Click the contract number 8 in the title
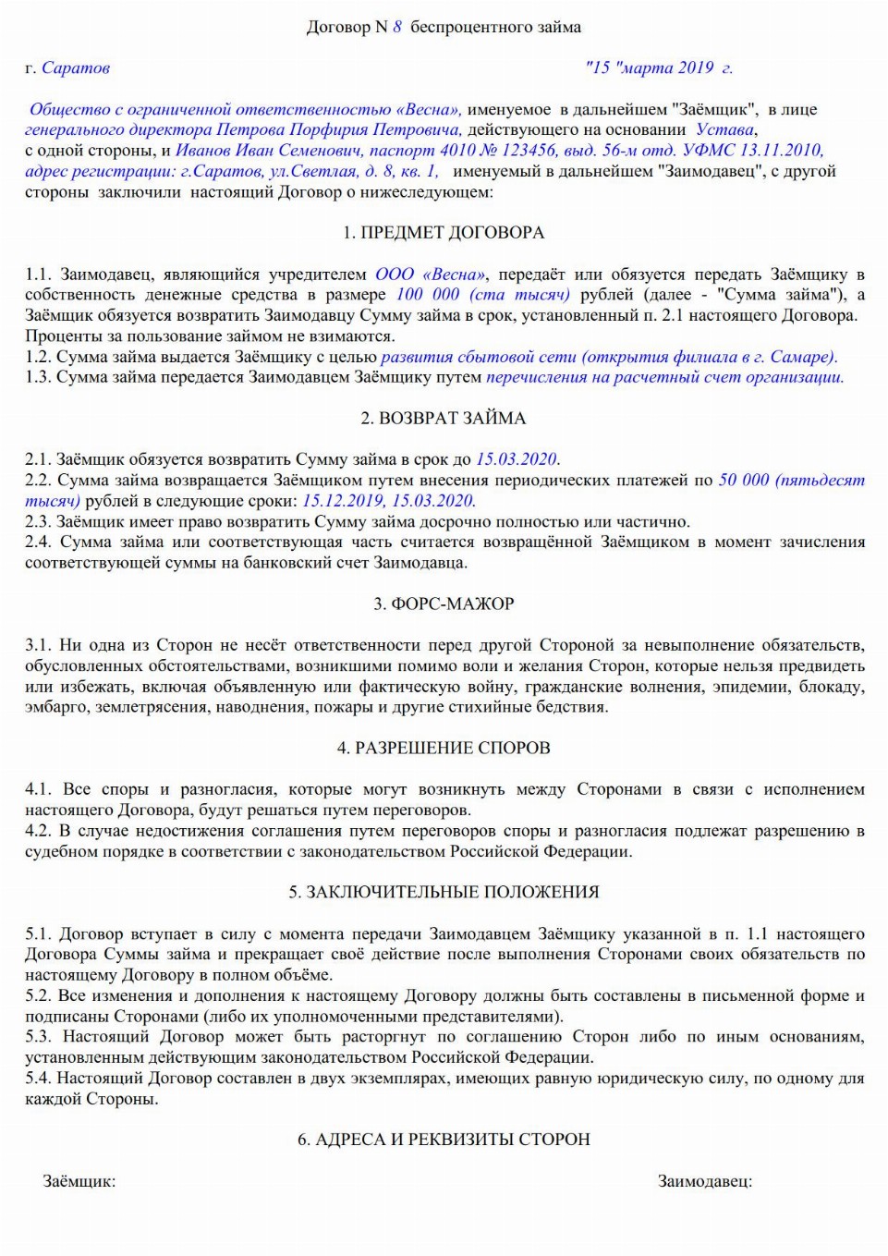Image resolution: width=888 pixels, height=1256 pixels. pyautogui.click(x=397, y=28)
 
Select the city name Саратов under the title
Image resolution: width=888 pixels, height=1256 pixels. pyautogui.click(x=76, y=67)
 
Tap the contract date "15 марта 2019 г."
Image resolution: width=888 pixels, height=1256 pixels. pyautogui.click(x=658, y=67)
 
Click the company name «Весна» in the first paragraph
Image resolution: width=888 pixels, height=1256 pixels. pyautogui.click(x=427, y=109)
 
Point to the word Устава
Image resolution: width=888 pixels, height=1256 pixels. pyautogui.click(x=724, y=129)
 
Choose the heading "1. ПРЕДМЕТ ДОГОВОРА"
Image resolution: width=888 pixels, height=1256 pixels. pyautogui.click(x=444, y=233)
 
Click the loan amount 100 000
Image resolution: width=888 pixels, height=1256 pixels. pyautogui.click(x=427, y=295)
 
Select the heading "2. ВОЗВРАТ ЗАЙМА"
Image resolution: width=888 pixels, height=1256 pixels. pyautogui.click(x=444, y=419)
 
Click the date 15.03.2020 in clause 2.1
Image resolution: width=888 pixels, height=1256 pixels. pyautogui.click(x=517, y=459)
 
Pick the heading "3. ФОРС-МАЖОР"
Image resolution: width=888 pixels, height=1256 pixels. pyautogui.click(x=444, y=604)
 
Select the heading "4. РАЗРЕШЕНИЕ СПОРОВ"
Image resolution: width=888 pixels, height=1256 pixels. pyautogui.click(x=444, y=749)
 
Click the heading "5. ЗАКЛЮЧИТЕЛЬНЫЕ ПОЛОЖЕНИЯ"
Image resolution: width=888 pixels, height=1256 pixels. pyautogui.click(x=444, y=893)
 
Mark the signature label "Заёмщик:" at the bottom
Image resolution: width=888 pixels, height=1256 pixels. pyautogui.click(x=79, y=1181)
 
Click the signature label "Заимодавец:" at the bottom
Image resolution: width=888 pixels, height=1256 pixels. pyautogui.click(x=704, y=1181)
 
